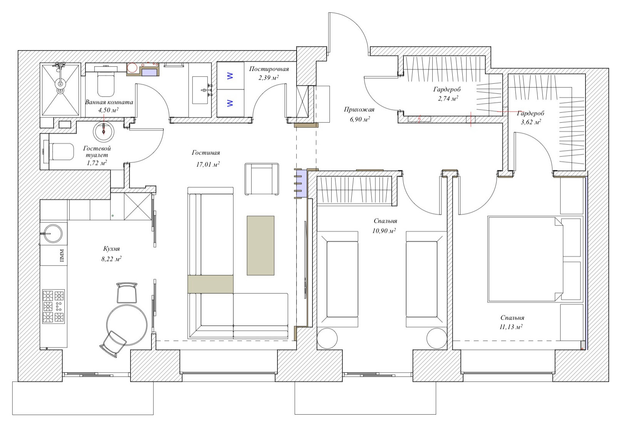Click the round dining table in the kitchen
(127, 324)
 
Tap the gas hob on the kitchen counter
(54, 306)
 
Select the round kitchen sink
(53, 234)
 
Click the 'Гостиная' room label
(206, 153)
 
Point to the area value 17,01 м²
(208, 165)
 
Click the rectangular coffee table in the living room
(260, 245)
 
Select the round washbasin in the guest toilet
(103, 131)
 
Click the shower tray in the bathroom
(60, 89)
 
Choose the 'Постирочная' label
(269, 69)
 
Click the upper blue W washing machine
(230, 76)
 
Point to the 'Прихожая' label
(359, 109)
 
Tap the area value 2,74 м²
(448, 98)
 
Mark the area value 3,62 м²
(531, 122)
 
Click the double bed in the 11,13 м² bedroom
(525, 259)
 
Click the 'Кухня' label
(111, 249)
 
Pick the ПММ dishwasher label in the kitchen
(62, 256)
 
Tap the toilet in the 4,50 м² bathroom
(106, 84)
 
